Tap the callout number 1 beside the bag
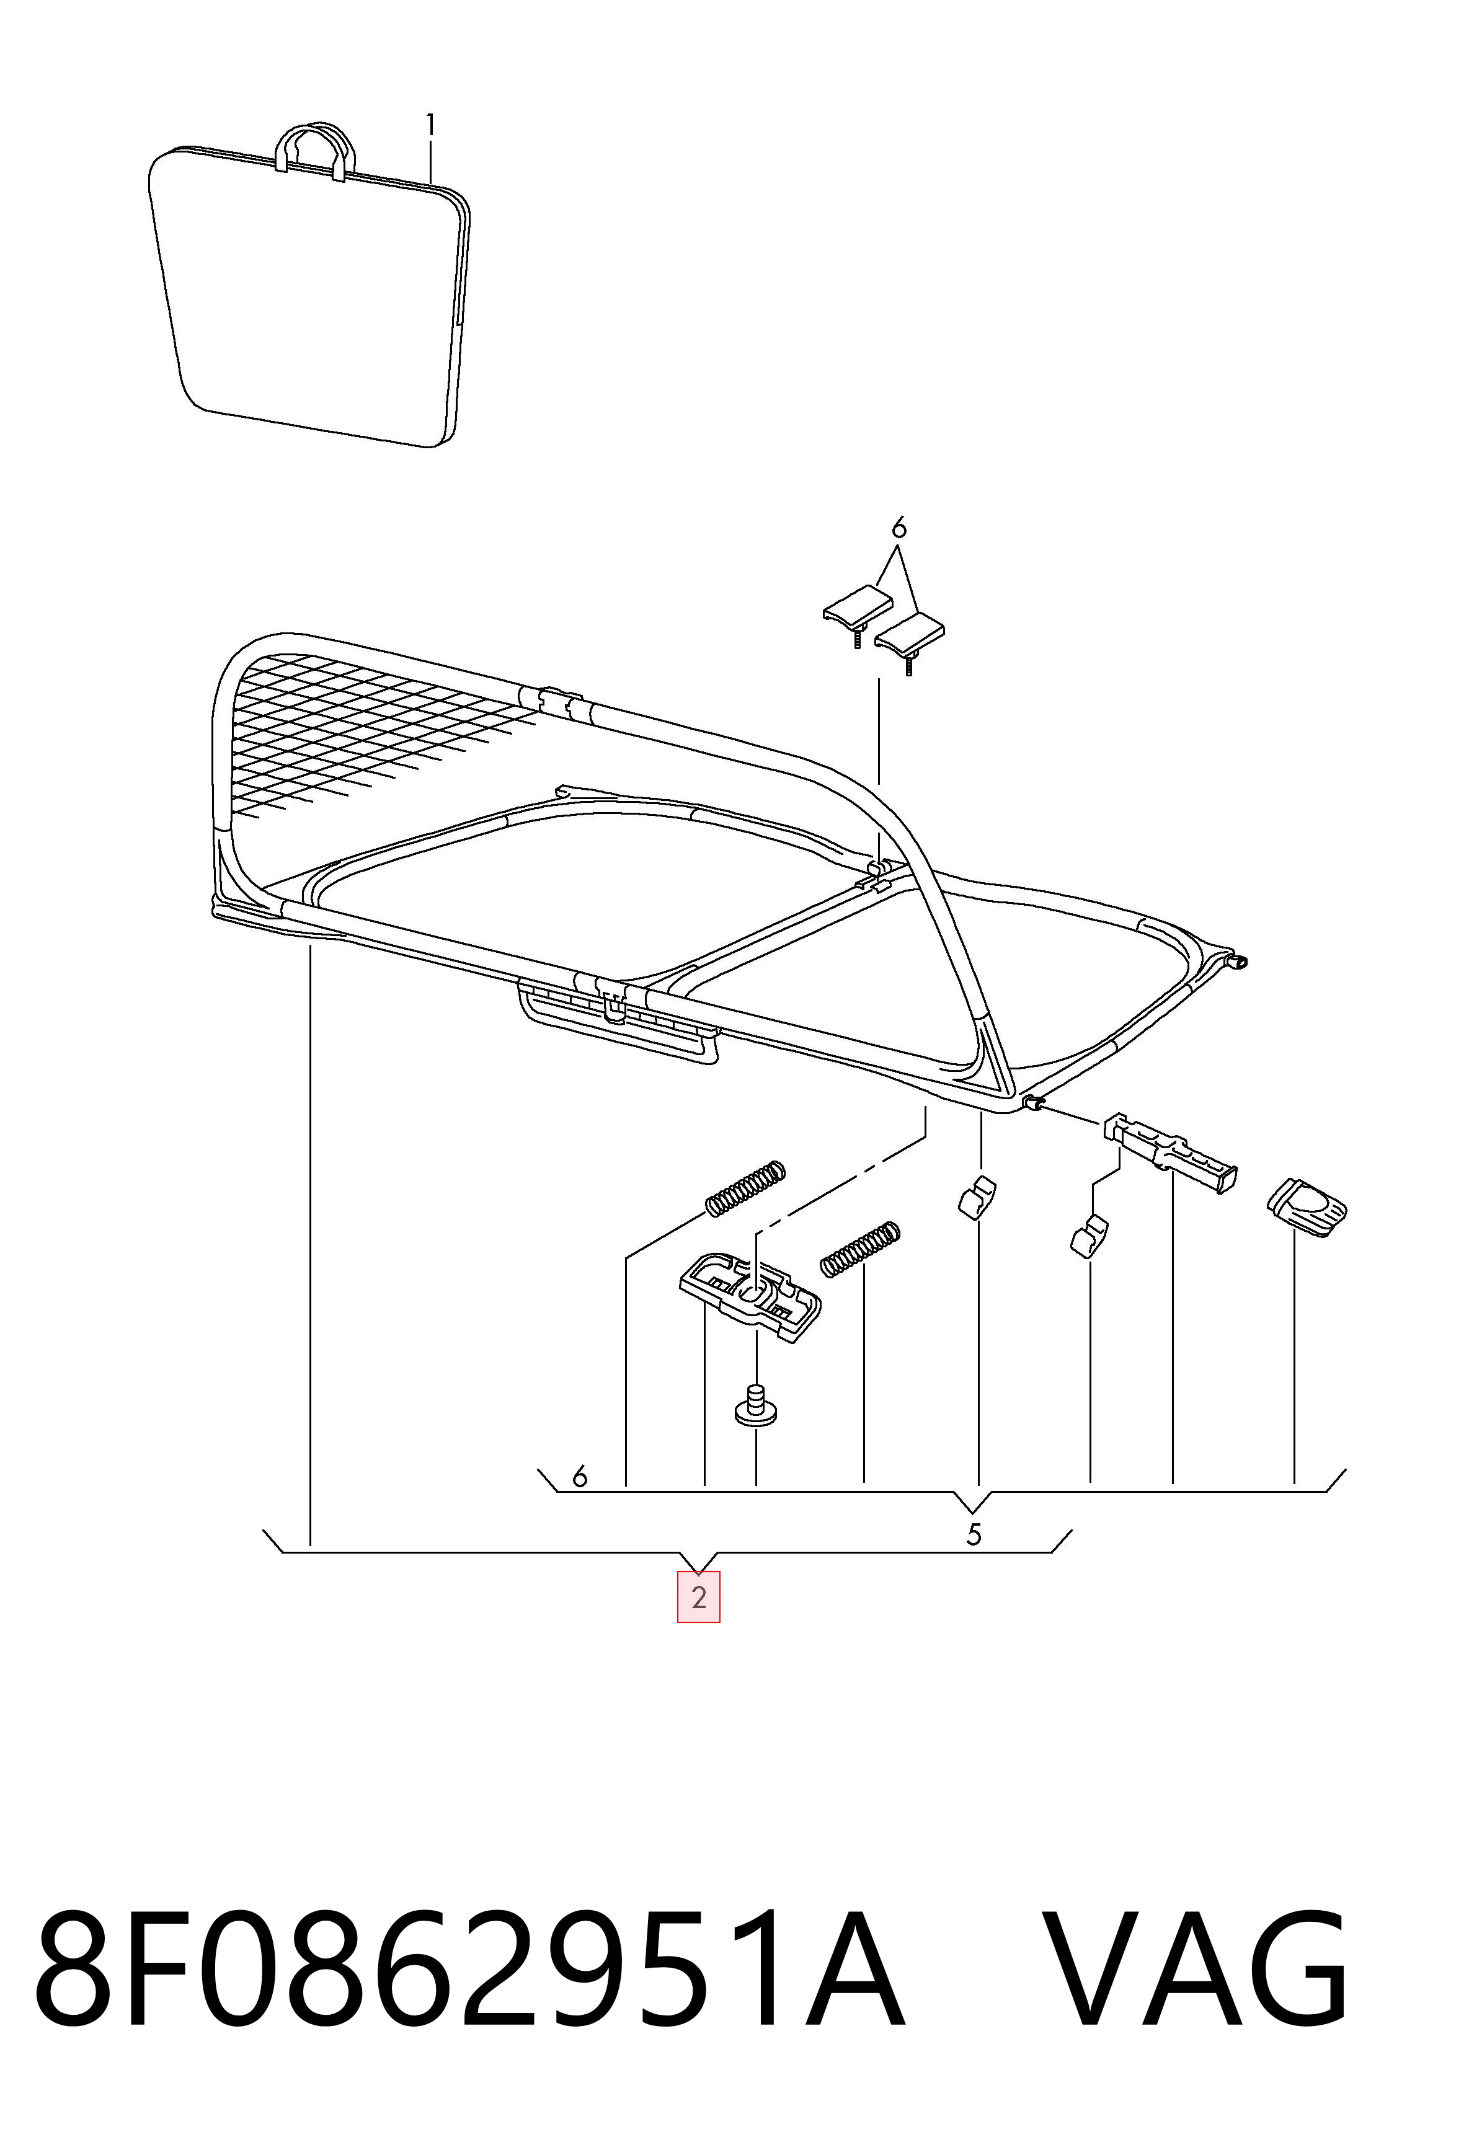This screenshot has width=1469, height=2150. tap(430, 125)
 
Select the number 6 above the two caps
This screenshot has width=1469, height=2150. tap(899, 529)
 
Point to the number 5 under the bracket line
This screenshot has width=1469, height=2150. tap(973, 1535)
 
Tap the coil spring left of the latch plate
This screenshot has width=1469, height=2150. tap(745, 1187)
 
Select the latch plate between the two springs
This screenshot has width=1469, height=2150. tap(750, 1295)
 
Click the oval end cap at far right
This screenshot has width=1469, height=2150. tap(1305, 1205)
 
